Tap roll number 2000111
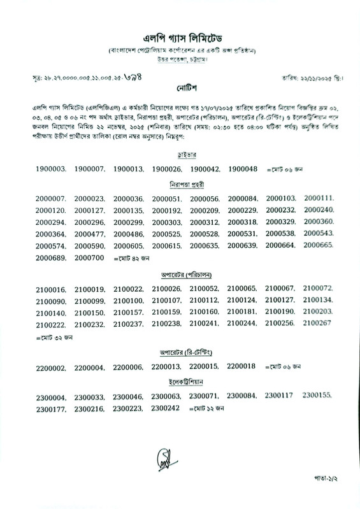pos(319,198)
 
